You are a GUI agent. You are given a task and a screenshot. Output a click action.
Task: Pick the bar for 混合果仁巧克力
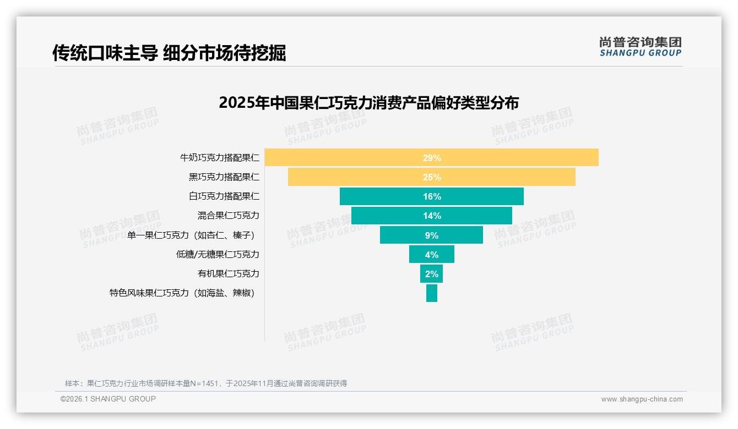tap(386, 216)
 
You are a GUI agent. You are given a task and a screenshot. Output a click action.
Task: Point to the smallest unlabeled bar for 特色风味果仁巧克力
tap(432, 293)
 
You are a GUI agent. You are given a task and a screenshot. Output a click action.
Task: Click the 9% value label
tap(432, 235)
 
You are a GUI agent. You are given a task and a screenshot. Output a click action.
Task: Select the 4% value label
tap(432, 255)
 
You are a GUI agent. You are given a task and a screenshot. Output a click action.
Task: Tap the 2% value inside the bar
tap(432, 274)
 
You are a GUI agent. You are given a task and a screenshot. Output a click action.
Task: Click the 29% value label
tap(432, 158)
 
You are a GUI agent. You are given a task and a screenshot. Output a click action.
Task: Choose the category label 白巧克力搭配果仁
tap(224, 196)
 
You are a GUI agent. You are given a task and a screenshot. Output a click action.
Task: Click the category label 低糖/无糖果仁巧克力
tap(218, 255)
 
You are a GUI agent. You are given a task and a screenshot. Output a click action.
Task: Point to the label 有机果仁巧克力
tap(228, 274)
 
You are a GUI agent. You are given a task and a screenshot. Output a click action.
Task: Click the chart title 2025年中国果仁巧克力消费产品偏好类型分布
tap(368, 103)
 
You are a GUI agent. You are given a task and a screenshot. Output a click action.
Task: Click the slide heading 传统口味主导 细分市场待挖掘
tap(169, 53)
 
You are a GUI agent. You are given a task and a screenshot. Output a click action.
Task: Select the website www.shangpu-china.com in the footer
tap(642, 399)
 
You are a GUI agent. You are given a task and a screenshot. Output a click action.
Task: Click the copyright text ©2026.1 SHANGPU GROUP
tap(108, 399)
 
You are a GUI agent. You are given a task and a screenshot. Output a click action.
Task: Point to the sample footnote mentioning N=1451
tap(205, 383)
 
